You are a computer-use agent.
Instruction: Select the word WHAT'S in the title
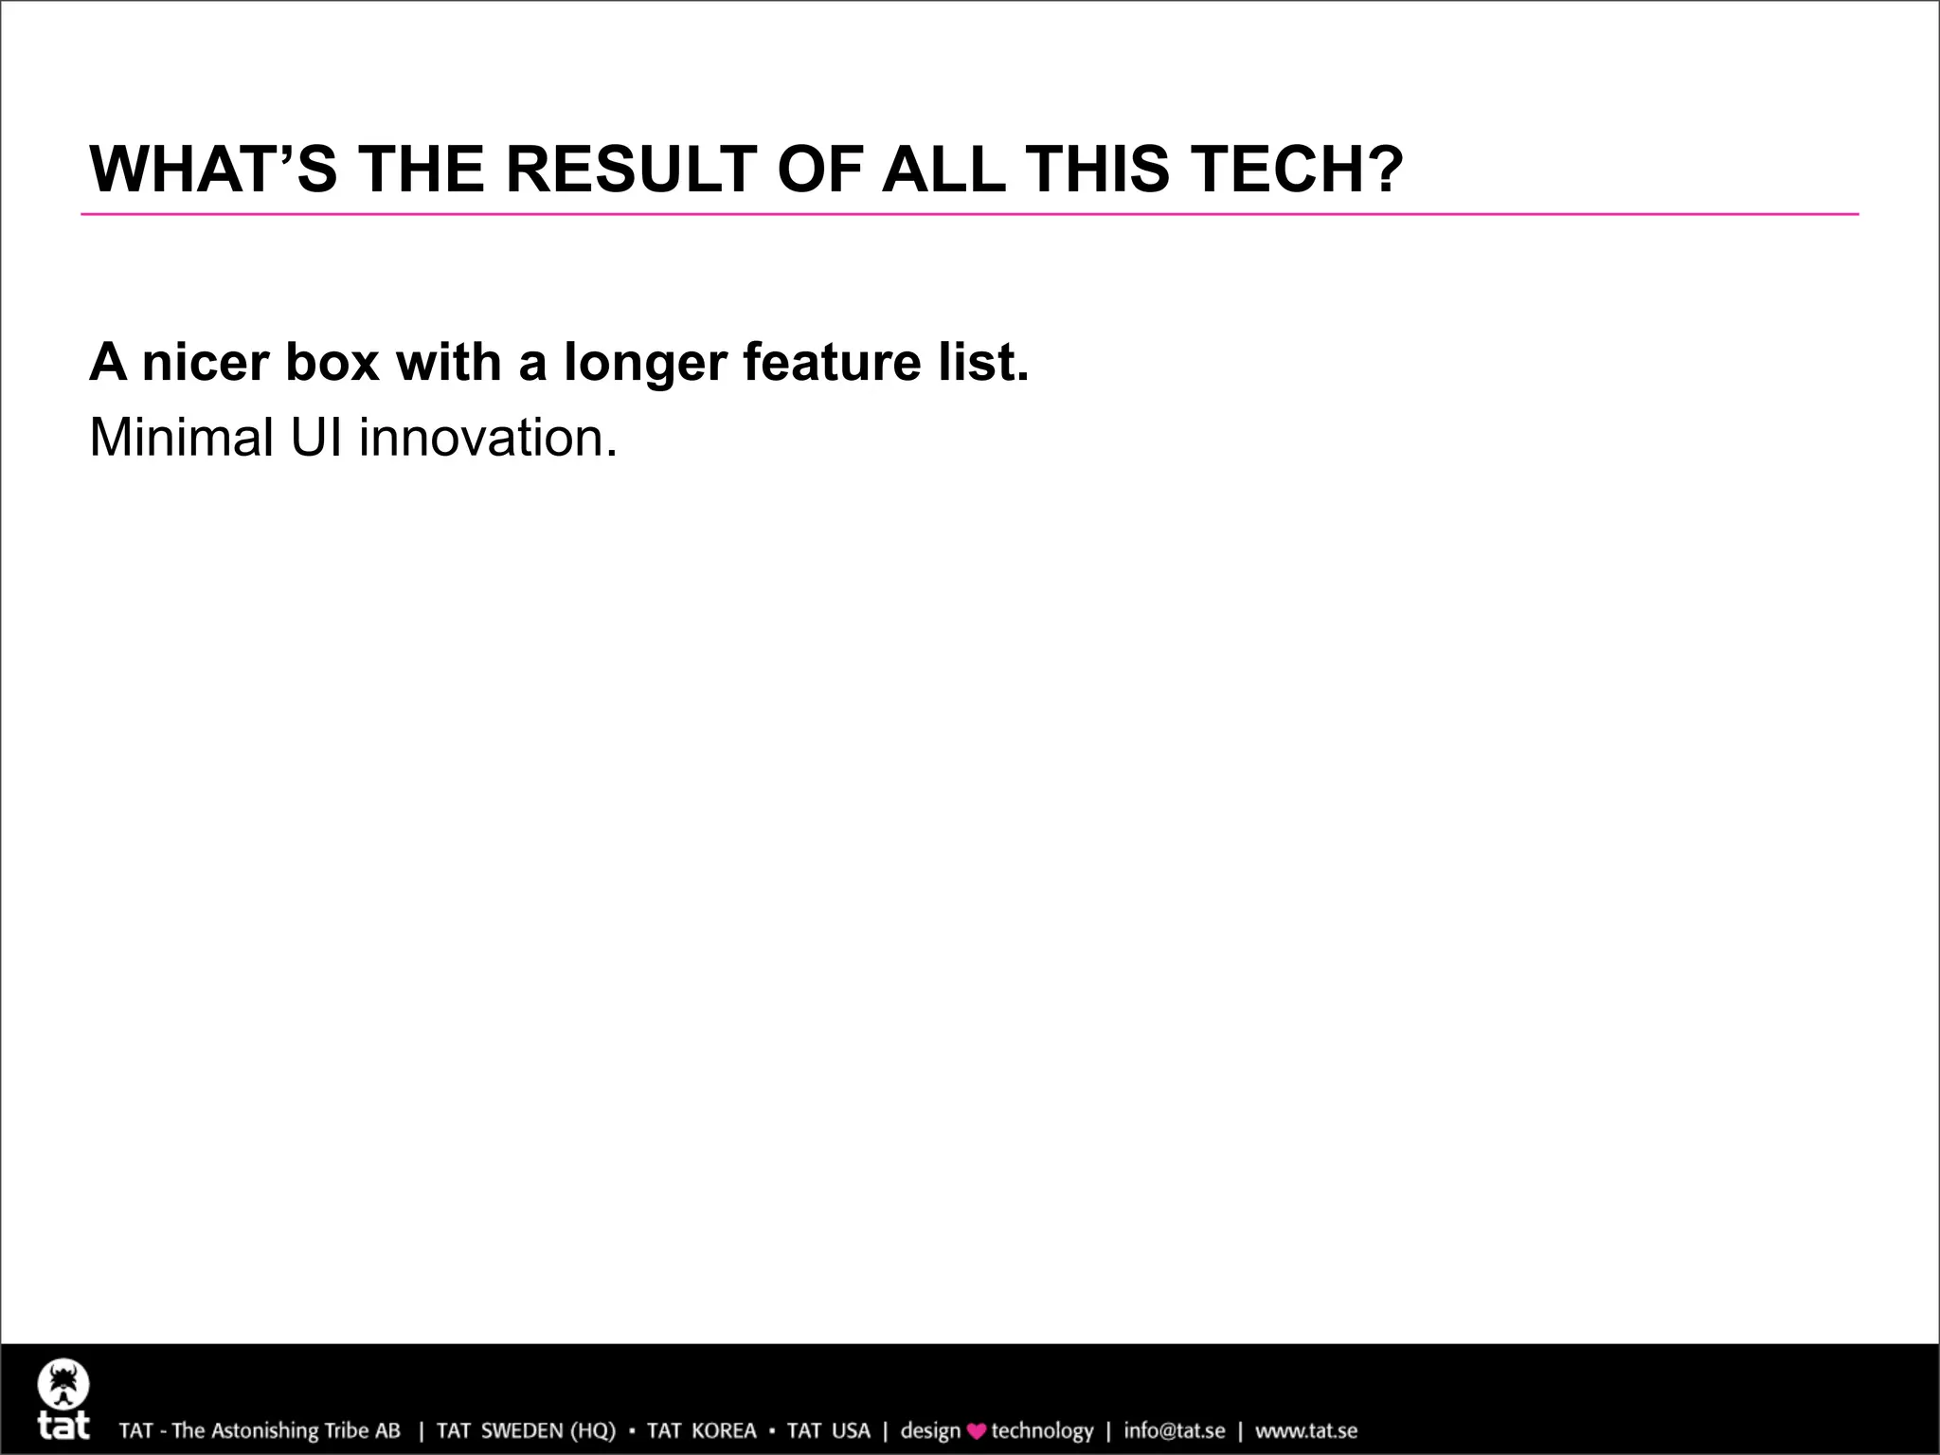coord(213,170)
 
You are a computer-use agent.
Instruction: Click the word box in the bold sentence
coord(332,363)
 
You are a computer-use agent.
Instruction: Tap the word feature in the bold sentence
coord(831,363)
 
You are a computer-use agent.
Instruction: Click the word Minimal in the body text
coord(181,439)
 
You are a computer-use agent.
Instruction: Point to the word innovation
coord(488,439)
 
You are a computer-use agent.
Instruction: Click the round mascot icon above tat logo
coord(63,1385)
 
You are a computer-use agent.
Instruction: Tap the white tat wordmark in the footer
coord(63,1426)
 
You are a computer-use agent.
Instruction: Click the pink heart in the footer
coord(976,1431)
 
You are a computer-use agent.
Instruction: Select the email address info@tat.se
coord(1174,1430)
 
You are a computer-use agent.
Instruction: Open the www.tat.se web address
coord(1306,1430)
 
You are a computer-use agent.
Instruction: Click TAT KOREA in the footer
coord(701,1430)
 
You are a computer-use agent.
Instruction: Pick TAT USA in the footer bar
coord(828,1430)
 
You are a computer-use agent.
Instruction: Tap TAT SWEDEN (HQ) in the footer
coord(526,1430)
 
